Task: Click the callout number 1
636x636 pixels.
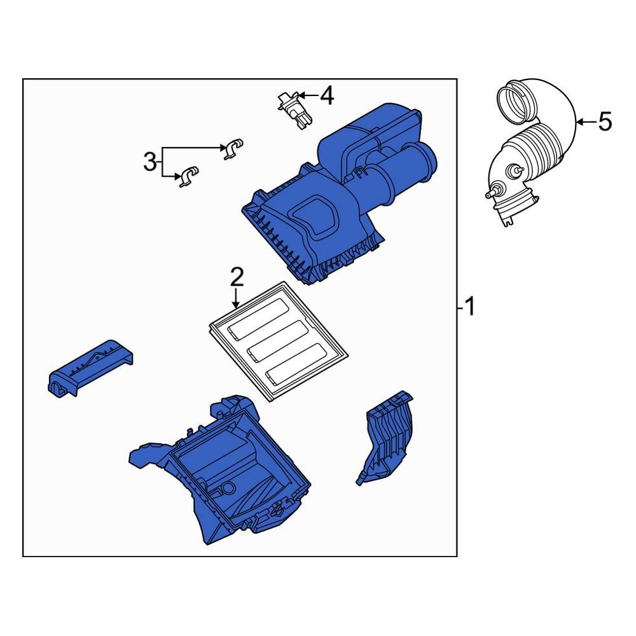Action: (x=469, y=308)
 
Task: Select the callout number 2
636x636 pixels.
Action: (x=236, y=277)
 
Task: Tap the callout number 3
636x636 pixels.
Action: (x=149, y=162)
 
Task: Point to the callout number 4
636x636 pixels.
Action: (x=326, y=96)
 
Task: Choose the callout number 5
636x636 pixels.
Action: (x=604, y=121)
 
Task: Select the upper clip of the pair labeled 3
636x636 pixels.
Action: (x=233, y=148)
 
